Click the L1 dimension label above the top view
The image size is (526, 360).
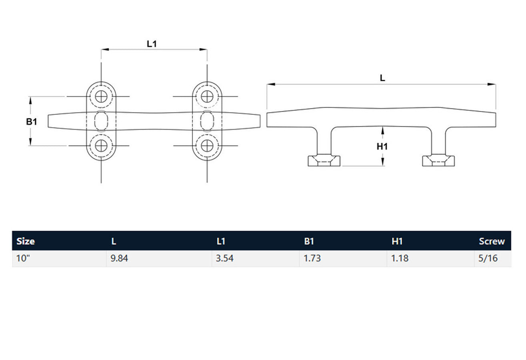(152, 44)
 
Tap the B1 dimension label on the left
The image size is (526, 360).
(32, 121)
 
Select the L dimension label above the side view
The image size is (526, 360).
(382, 78)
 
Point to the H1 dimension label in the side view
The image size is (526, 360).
(382, 147)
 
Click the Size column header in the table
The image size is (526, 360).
(26, 241)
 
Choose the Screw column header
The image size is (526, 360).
(492, 241)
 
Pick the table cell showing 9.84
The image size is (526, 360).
(120, 258)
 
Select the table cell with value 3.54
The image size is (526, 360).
(224, 258)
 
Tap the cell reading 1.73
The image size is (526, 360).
(312, 258)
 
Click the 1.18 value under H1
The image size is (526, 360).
(400, 258)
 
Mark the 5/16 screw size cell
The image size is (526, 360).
(488, 258)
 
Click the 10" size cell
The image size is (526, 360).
(24, 258)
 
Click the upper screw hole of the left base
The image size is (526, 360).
(102, 96)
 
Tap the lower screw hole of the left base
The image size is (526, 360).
(102, 146)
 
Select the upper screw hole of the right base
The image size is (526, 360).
(207, 96)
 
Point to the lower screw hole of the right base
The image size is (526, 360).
(207, 146)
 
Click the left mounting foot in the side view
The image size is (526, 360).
(324, 160)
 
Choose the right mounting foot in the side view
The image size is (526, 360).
(439, 160)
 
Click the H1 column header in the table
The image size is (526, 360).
(398, 241)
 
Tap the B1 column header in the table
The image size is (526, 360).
(309, 241)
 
